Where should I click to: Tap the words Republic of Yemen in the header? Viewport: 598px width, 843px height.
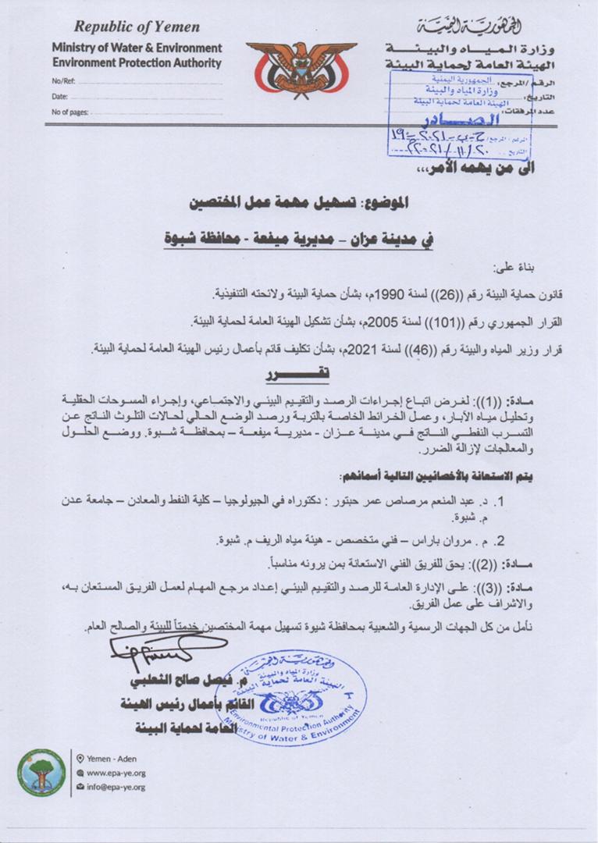[x=137, y=27]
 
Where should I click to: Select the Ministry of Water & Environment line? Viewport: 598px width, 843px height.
[x=137, y=48]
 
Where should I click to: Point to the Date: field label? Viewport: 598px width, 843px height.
[x=59, y=97]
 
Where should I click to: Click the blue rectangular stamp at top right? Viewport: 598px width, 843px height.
[x=459, y=113]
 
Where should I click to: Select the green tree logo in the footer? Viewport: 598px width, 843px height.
[x=41, y=772]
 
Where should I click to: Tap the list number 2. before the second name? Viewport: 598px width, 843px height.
[x=502, y=539]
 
